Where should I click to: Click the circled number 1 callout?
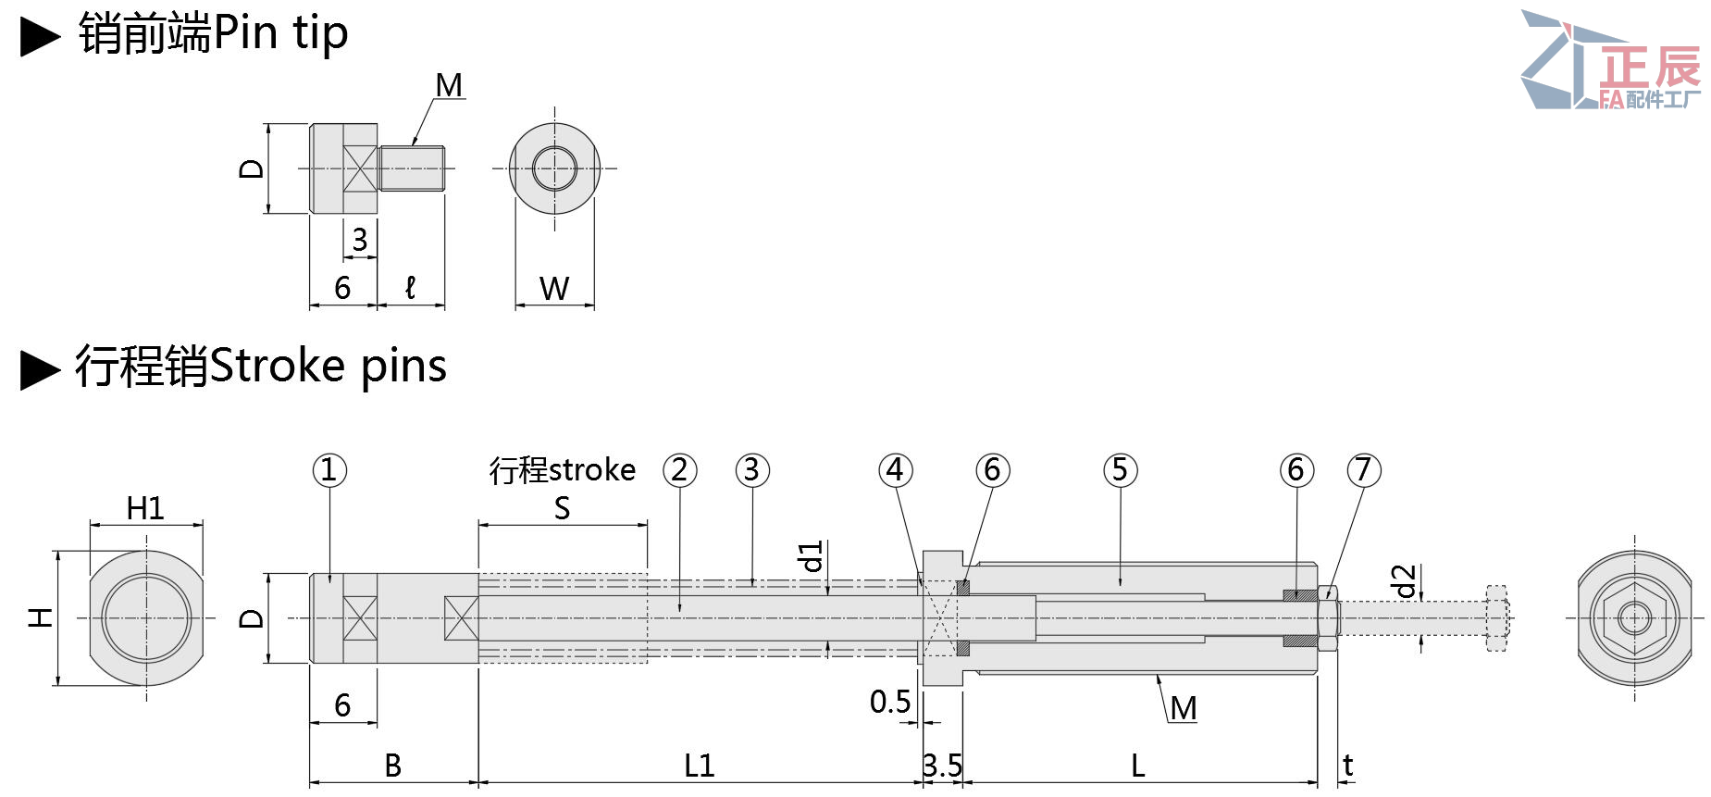click(x=329, y=470)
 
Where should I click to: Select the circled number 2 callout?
click(x=680, y=470)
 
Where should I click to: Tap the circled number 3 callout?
click(x=752, y=470)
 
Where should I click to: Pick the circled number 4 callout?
click(x=896, y=470)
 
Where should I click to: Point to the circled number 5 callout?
click(x=1121, y=470)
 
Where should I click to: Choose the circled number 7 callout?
click(x=1364, y=470)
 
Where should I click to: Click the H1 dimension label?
click(x=145, y=508)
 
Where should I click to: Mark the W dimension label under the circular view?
click(x=554, y=289)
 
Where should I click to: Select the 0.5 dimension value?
click(x=890, y=703)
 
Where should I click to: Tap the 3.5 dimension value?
click(x=943, y=766)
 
